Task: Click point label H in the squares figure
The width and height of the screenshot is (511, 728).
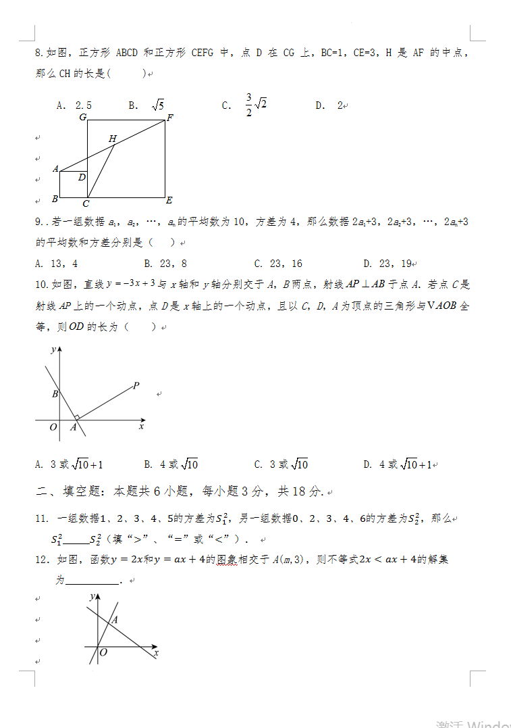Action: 113,139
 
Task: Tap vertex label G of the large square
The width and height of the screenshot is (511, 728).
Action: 82,118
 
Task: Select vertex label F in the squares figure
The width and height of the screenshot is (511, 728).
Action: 170,118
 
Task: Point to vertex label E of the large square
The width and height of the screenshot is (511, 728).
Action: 169,200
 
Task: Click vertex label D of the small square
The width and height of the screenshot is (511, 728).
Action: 82,177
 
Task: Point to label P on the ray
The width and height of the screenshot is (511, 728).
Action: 136,386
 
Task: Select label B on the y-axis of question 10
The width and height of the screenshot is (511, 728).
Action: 55,394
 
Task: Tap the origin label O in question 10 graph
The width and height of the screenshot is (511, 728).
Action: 53,427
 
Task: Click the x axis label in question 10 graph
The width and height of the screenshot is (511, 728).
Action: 141,427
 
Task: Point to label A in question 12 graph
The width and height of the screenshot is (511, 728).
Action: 114,619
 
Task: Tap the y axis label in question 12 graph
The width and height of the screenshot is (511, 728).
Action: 91,598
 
